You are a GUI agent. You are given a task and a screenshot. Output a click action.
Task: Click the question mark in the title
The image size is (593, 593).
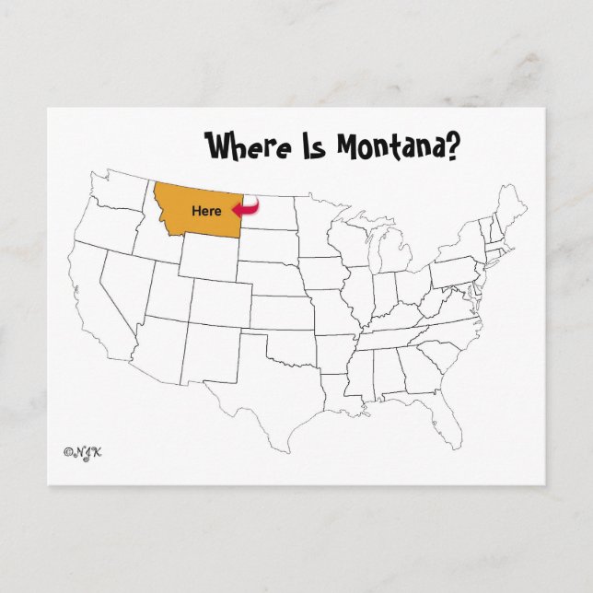[x=453, y=145]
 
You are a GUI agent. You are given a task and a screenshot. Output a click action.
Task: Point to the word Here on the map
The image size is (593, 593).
[x=206, y=211]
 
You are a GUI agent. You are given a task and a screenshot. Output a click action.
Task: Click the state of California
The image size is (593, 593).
[x=92, y=295]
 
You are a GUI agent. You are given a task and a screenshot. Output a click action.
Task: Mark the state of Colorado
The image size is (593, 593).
[x=221, y=303]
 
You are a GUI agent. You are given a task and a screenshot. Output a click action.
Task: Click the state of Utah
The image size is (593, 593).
[x=167, y=291]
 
